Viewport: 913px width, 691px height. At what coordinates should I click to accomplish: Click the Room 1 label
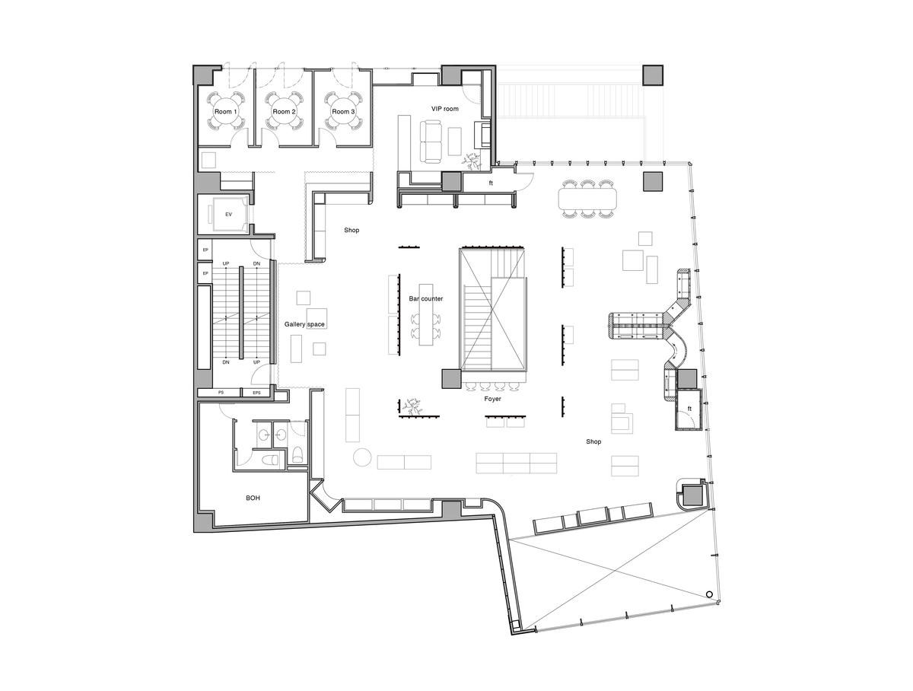225,112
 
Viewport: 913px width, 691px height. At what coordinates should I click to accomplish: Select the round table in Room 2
284,112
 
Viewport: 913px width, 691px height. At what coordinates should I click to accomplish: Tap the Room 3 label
343,112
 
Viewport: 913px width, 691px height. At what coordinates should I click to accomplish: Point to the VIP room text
445,109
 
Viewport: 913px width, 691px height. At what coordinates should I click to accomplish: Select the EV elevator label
228,215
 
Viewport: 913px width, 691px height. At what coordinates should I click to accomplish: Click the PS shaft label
221,393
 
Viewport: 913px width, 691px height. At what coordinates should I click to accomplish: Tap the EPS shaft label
256,393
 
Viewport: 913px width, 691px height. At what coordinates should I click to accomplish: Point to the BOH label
253,498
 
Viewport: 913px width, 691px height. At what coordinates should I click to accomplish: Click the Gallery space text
304,325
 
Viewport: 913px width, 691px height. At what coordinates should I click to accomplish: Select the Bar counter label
426,299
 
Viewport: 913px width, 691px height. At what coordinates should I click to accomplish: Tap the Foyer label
492,399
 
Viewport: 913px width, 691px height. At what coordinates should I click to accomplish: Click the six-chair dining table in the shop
590,199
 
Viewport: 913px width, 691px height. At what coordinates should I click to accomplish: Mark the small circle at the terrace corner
709,594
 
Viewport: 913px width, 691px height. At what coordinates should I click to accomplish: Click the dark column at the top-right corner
654,75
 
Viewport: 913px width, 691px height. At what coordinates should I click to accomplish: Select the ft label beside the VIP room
491,183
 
